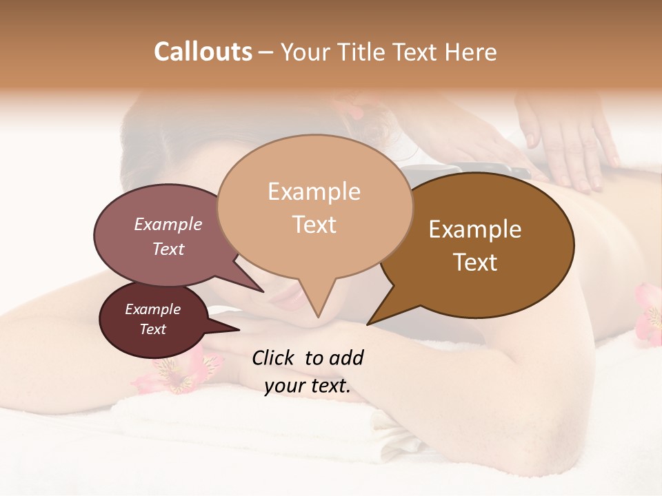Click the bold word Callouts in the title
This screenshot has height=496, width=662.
[203, 52]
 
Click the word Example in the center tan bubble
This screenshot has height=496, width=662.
[314, 192]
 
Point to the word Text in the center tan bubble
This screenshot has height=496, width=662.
[314, 224]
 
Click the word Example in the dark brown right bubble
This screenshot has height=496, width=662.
[475, 229]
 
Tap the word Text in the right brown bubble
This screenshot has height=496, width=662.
[475, 262]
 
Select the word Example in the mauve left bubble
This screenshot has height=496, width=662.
[168, 224]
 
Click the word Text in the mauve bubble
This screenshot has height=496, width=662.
[168, 249]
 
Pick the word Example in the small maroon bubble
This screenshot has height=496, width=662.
[152, 309]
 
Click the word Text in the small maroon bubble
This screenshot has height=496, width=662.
[152, 329]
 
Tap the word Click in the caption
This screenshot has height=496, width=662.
[274, 358]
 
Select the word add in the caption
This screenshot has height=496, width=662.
[345, 358]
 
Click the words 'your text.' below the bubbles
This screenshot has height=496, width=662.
[307, 386]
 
